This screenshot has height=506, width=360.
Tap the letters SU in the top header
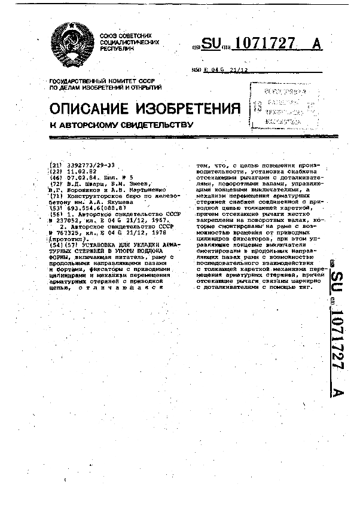pyautogui.click(x=210, y=44)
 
